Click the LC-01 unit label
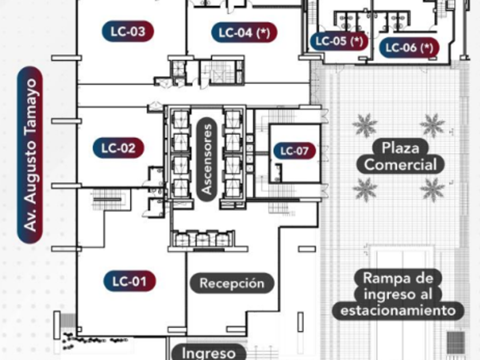coord(129,281)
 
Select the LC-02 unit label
coord(118,149)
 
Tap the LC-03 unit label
coord(128,31)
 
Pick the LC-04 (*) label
coord(244,33)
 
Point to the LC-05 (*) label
coord(339,41)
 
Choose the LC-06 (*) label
coord(409,48)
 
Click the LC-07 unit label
coord(294,151)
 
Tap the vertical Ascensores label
coord(207,158)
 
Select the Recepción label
coord(232,283)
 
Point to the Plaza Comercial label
coord(401,157)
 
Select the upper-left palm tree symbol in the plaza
coord(365,125)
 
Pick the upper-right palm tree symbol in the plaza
coord(433,125)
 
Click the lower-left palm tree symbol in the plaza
coord(365,189)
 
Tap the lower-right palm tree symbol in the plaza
coord(433,189)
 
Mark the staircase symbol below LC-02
coord(109,200)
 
